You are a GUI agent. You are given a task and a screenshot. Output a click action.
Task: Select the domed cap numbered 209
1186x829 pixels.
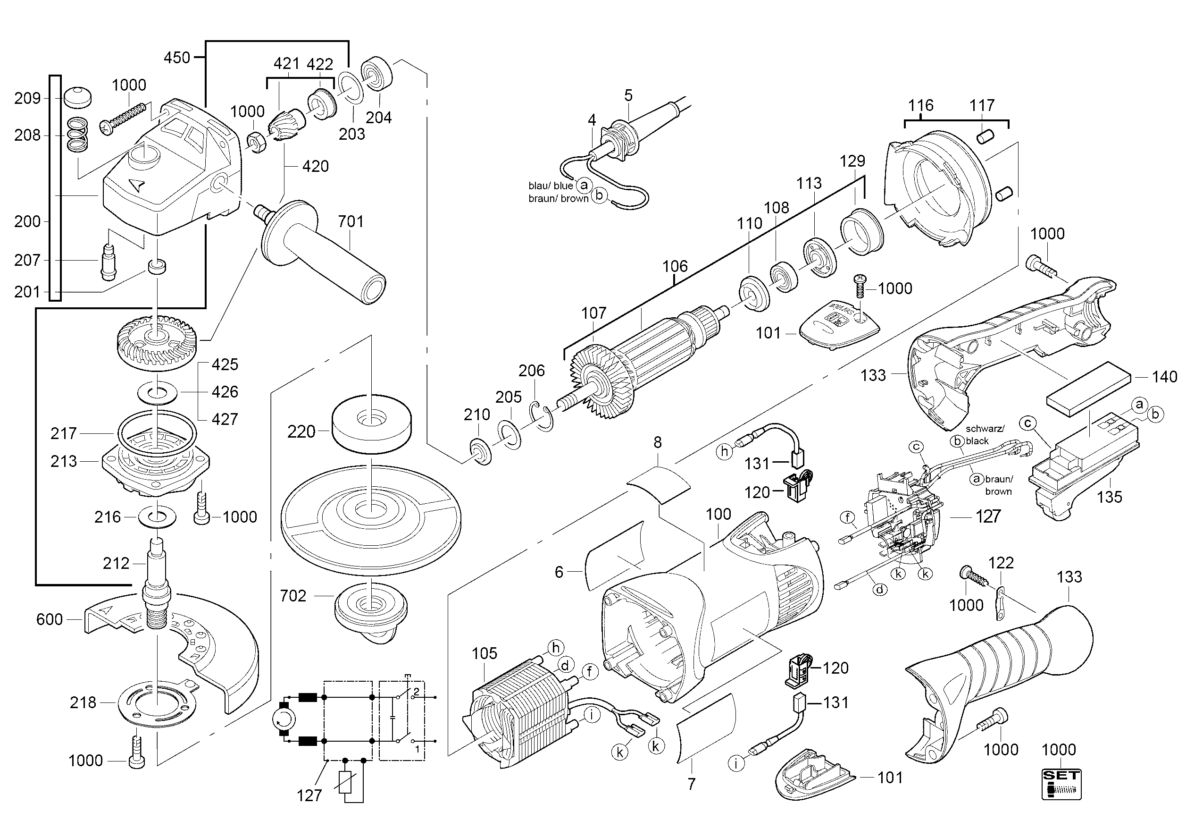click(77, 97)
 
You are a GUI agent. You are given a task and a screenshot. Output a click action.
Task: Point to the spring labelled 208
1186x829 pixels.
click(78, 135)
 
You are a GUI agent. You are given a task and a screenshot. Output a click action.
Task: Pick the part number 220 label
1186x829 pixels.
click(301, 431)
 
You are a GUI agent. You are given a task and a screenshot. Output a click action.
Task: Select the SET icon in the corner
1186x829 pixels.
click(1061, 784)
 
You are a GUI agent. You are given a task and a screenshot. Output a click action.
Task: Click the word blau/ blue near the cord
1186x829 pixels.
click(550, 186)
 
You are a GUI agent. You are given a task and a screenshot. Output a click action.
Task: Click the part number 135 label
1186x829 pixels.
click(1109, 497)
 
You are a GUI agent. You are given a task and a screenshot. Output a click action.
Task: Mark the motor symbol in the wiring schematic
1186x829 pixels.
click(284, 719)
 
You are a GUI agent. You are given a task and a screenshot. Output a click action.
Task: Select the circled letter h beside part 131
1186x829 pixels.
click(724, 452)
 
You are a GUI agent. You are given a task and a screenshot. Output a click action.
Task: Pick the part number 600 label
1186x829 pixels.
click(49, 619)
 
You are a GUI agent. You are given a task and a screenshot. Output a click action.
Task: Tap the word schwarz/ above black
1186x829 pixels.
click(985, 429)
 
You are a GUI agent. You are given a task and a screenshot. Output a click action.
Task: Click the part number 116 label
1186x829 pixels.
click(920, 106)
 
